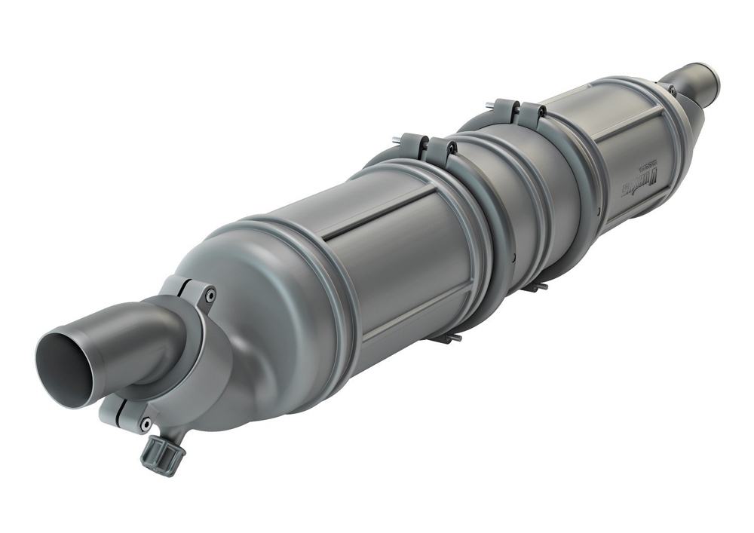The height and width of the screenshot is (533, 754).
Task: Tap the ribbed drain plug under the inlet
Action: click(x=161, y=453)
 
